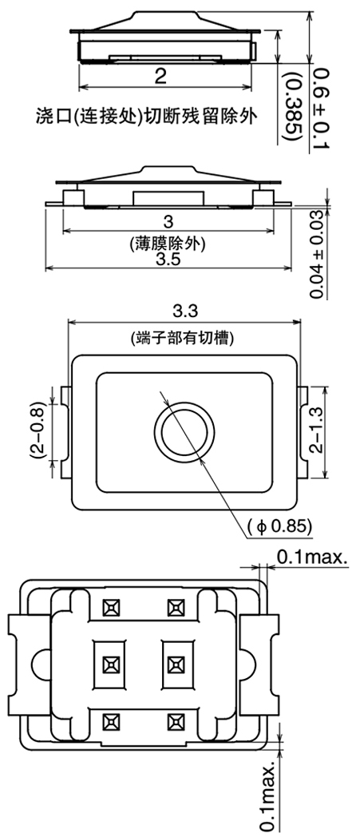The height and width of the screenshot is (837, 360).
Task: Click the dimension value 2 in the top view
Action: (161, 76)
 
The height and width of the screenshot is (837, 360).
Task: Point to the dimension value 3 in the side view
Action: (167, 221)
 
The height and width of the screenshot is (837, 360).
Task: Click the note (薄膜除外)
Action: (167, 244)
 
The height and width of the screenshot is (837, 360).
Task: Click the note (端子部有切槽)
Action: (185, 338)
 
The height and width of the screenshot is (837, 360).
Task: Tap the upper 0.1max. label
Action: (312, 557)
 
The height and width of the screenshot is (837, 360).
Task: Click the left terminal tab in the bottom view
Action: (26, 664)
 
